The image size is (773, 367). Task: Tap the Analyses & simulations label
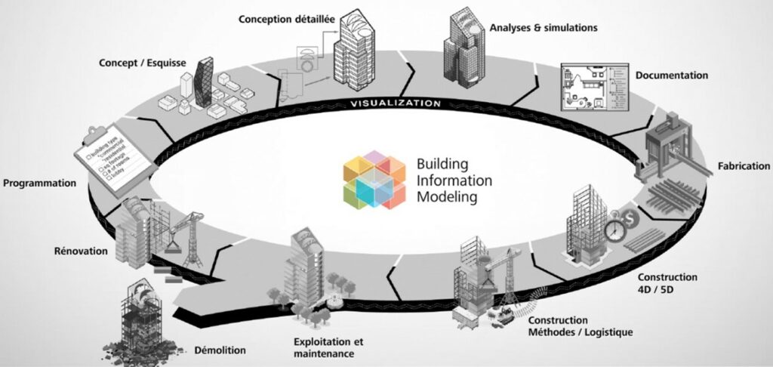[x=543, y=28]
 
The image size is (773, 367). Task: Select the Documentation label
[x=671, y=76]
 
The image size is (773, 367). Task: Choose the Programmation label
[x=39, y=183]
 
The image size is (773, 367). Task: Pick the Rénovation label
[x=81, y=251]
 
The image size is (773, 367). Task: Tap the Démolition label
[x=220, y=350]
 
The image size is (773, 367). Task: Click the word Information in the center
[x=454, y=180]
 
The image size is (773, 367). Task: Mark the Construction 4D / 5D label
[x=667, y=283]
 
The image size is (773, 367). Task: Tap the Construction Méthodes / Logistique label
[x=574, y=326]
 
